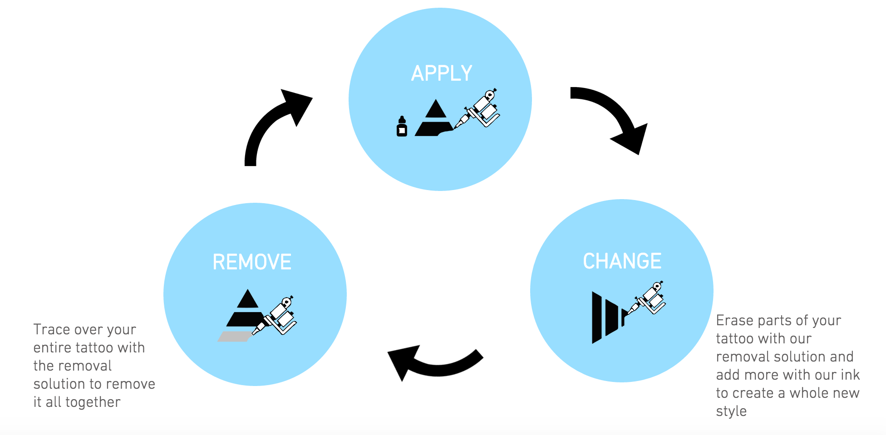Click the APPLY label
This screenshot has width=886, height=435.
coord(442,73)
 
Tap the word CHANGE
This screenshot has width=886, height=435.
coord(622,261)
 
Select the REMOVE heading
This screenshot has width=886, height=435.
coord(252,262)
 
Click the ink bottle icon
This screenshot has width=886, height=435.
coord(402,127)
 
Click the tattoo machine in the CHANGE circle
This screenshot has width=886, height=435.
coord(647,299)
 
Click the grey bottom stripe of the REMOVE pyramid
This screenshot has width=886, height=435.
coord(235,337)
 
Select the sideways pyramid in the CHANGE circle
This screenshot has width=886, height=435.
coord(606,318)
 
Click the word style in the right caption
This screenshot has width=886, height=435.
coord(731,411)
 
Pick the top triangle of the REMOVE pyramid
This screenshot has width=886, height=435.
coord(247,300)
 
